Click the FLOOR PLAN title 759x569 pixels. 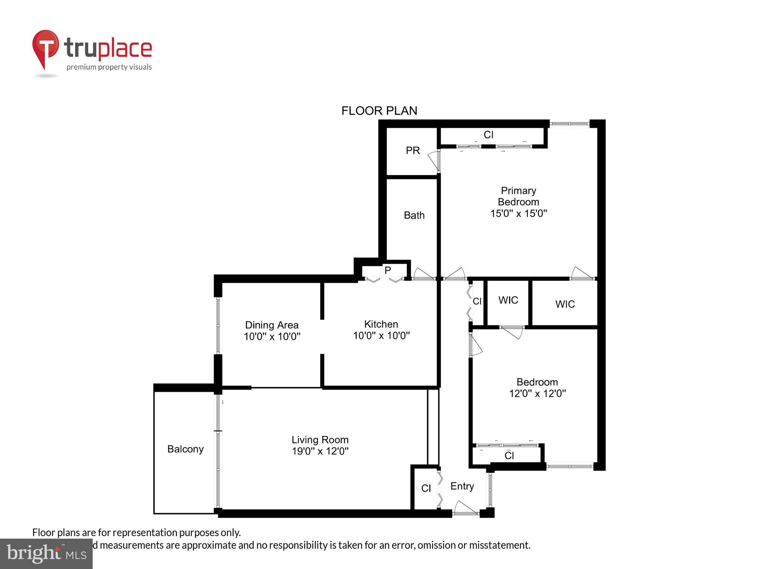point(379,111)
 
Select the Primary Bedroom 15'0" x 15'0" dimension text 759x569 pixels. point(518,213)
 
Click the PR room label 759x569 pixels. point(412,150)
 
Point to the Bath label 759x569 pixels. point(414,215)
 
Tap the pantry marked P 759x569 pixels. point(388,270)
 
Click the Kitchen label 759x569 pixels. point(381,324)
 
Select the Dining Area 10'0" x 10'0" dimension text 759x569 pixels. point(272,336)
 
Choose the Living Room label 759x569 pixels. point(320,440)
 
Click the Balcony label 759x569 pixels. point(185,449)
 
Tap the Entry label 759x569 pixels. point(462,486)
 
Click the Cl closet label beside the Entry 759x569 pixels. point(426,488)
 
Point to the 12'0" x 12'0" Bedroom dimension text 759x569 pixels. point(537,393)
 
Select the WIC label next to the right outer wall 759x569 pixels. point(565,304)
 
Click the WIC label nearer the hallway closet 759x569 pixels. point(508,300)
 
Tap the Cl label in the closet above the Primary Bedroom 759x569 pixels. point(488,135)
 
